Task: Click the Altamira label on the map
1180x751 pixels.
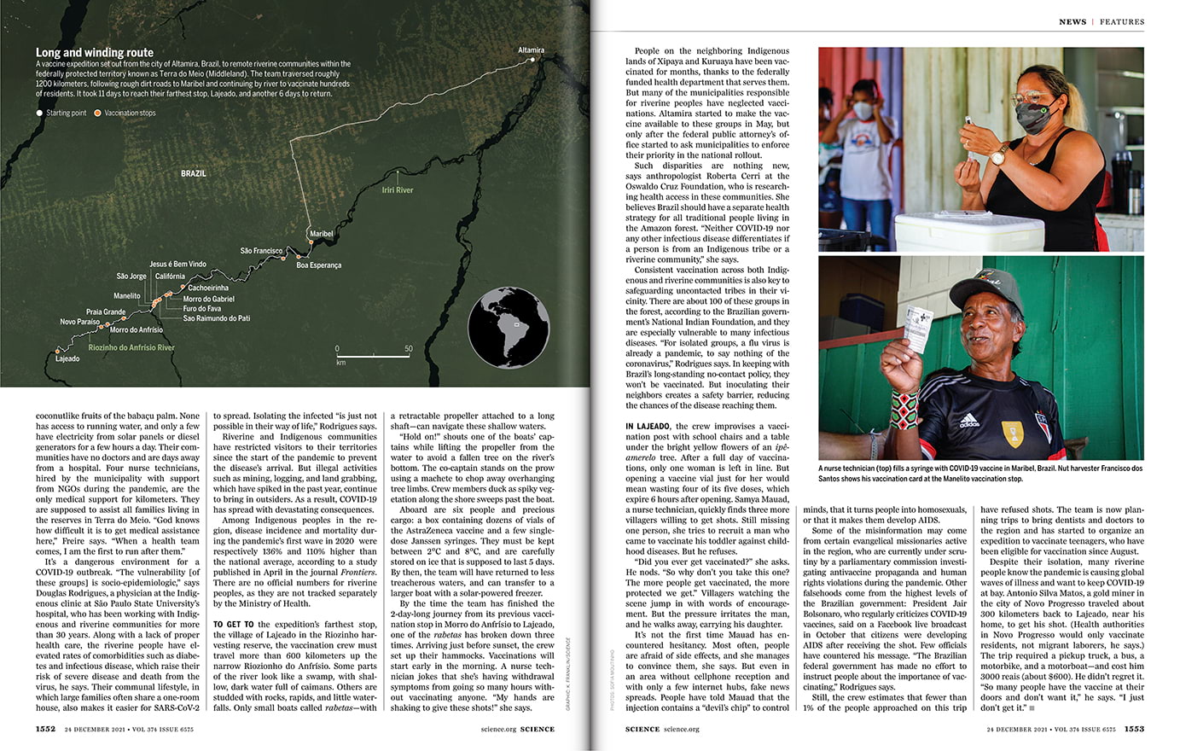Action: click(x=531, y=50)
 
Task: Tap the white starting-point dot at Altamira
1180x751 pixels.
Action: click(x=533, y=60)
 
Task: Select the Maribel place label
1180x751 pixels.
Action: click(x=321, y=234)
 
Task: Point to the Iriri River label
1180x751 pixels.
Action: click(x=397, y=189)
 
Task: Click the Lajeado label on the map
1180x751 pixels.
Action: click(x=67, y=358)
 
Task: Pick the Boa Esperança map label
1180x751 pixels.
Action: click(x=318, y=265)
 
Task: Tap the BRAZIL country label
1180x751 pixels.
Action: click(x=194, y=173)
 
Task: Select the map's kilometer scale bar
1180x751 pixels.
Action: click(x=373, y=354)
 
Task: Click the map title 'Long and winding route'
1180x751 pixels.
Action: click(x=95, y=52)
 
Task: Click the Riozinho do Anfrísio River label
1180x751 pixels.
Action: click(x=131, y=348)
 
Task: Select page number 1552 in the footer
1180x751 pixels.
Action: click(x=45, y=729)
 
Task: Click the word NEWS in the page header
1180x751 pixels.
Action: click(x=1072, y=21)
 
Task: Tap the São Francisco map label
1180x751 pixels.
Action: click(x=261, y=251)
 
